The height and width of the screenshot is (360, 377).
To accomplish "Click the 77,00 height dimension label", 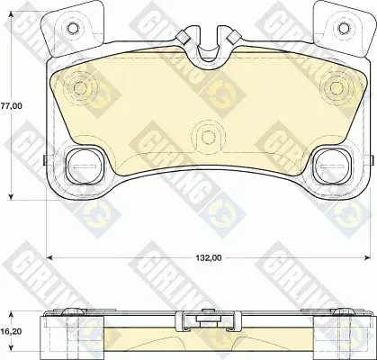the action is pos(11,106).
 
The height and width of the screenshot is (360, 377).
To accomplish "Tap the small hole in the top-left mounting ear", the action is pos(72,29).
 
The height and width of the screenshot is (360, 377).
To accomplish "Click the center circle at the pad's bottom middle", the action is pos(208,137).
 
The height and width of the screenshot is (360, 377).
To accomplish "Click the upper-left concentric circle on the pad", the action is pos(79,87).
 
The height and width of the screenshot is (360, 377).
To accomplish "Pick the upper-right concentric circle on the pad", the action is pos(337,87).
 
